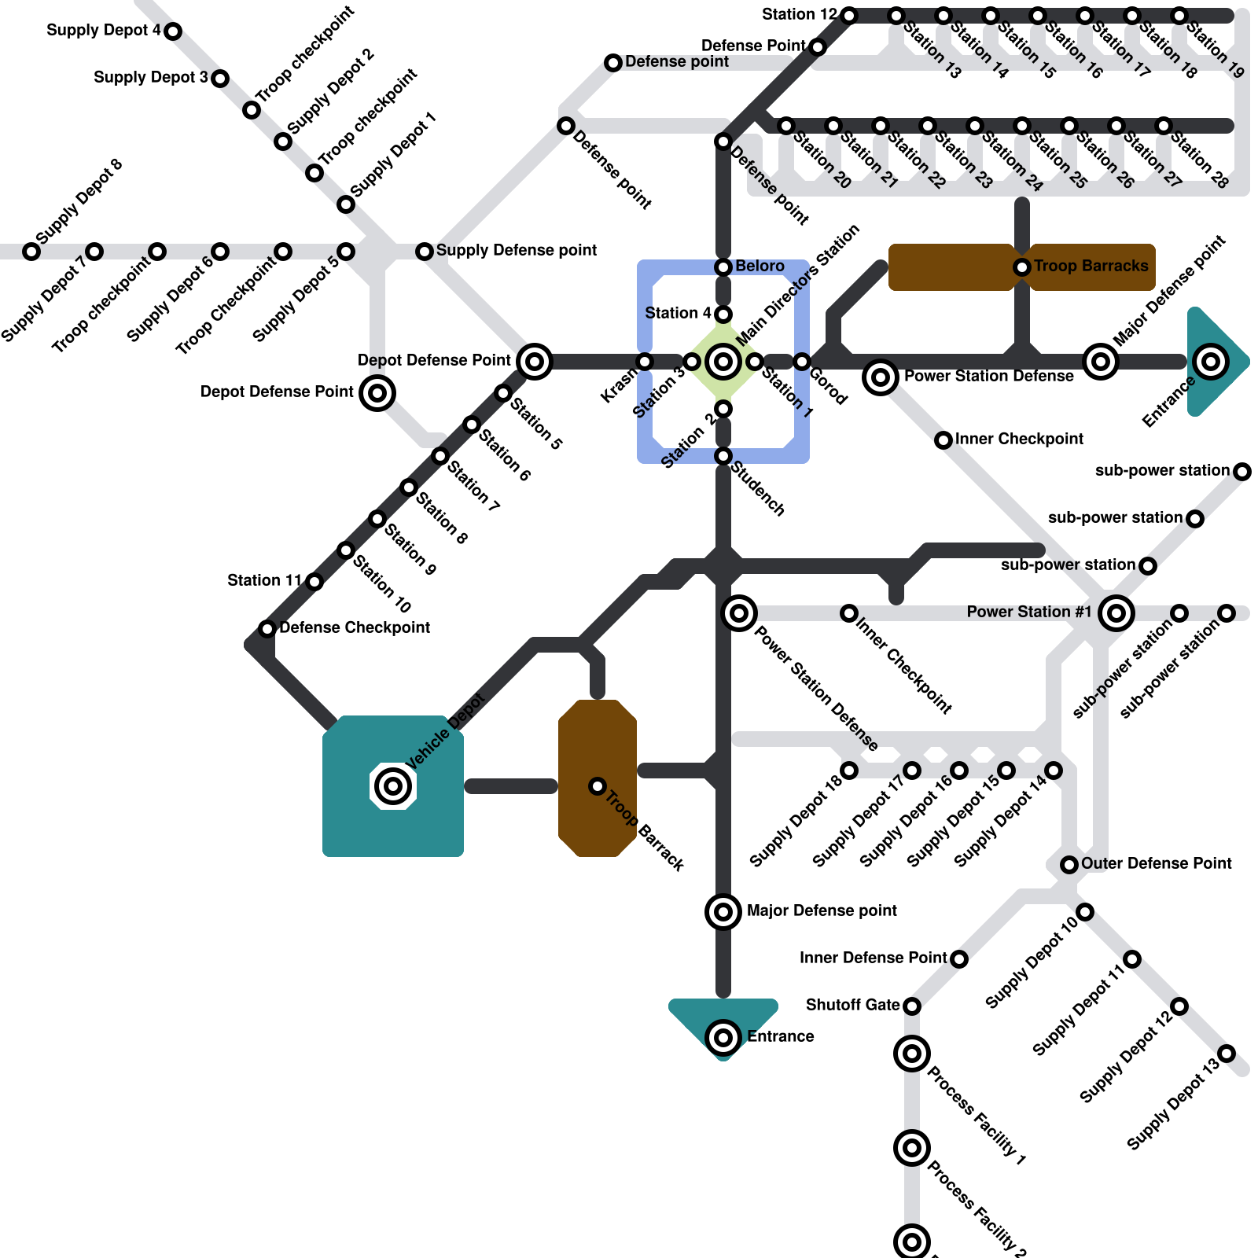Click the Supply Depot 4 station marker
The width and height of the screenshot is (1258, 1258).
(x=173, y=31)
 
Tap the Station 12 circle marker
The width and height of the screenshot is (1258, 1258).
(x=849, y=16)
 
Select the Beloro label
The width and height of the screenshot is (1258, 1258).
(x=760, y=267)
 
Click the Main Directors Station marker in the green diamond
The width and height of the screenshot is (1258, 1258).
(x=723, y=362)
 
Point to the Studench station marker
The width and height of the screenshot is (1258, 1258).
(x=723, y=456)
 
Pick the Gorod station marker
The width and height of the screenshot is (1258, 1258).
(x=802, y=362)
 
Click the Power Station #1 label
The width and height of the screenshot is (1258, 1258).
(x=1028, y=612)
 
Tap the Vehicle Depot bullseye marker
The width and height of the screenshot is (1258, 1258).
(x=393, y=785)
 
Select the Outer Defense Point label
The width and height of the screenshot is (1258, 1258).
(x=1156, y=863)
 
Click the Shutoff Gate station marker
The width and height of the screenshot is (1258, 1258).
(x=912, y=1006)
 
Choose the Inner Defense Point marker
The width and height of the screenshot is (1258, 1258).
(x=959, y=959)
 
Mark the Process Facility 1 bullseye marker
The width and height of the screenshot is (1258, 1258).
(x=912, y=1054)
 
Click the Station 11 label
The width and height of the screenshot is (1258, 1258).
(x=264, y=580)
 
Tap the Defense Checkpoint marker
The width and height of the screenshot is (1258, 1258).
(x=267, y=629)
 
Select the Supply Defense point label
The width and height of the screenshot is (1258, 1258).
(x=516, y=250)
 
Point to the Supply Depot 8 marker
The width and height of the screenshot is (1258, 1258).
(x=31, y=252)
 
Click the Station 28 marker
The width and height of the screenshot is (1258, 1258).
(x=1164, y=126)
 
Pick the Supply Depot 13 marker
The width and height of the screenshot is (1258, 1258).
(x=1227, y=1054)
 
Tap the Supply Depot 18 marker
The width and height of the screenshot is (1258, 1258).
(x=849, y=771)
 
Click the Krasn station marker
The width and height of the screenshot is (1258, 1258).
(x=645, y=362)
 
